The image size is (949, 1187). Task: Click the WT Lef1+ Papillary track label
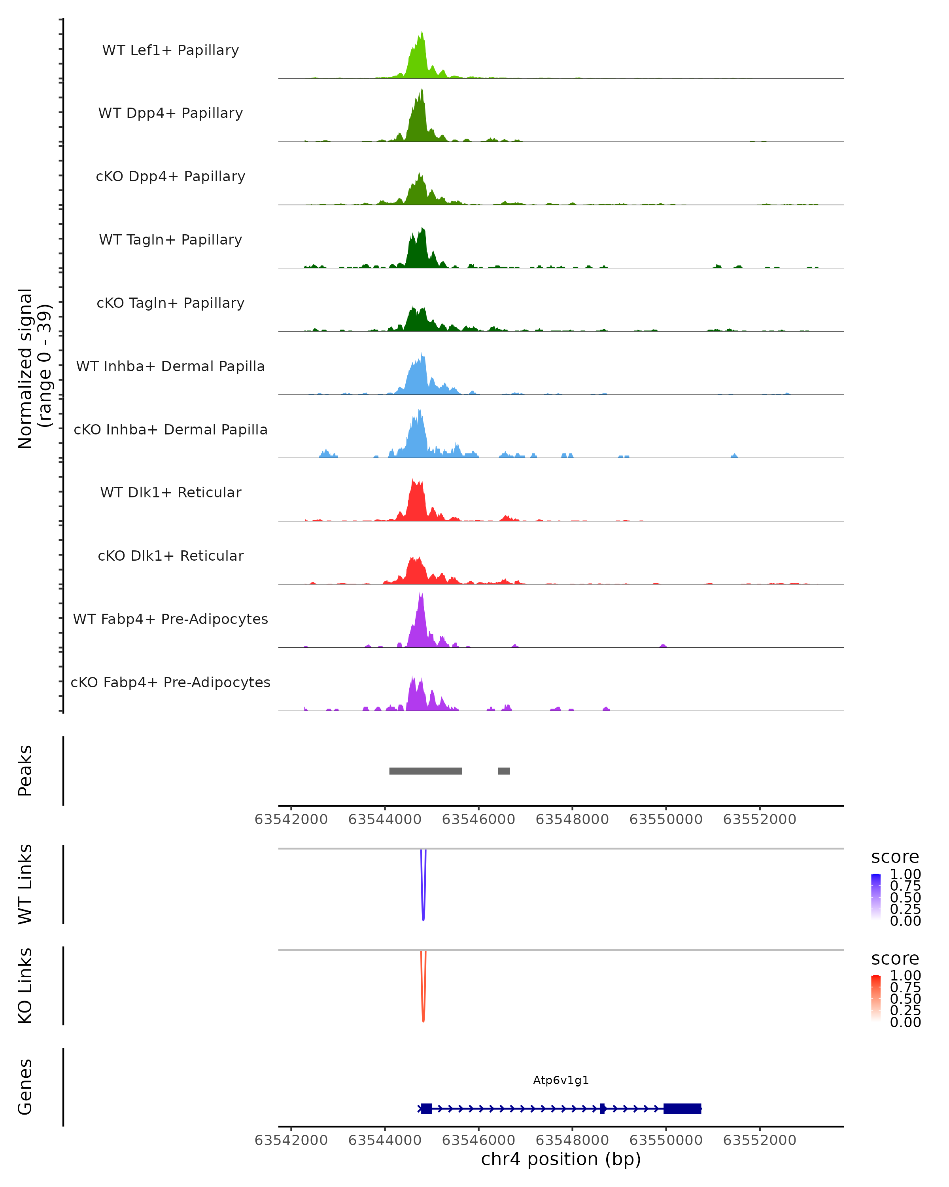[170, 50]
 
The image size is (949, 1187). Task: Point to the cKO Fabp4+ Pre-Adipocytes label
[170, 682]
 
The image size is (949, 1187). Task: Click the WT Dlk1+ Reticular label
[170, 492]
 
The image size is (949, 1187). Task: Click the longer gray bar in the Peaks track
[425, 771]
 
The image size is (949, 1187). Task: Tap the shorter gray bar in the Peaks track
[504, 771]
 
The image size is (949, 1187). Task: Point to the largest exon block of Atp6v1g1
[682, 1108]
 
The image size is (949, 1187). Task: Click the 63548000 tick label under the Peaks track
[572, 819]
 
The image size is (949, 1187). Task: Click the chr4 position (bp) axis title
[561, 1159]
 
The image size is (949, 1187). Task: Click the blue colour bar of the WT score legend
[876, 896]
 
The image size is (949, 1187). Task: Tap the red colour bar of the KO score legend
[876, 997]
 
